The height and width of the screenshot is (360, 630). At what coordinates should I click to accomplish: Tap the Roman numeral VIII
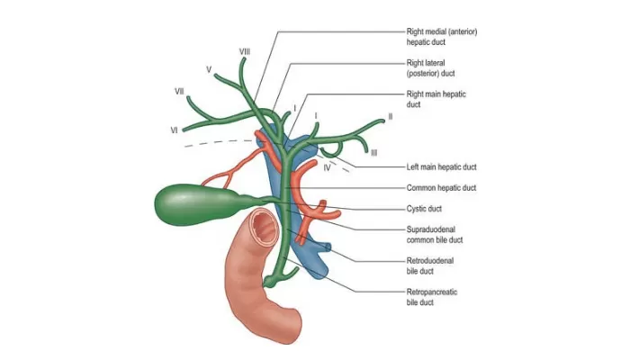tap(244, 52)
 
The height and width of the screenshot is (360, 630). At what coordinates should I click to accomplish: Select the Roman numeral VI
tap(173, 130)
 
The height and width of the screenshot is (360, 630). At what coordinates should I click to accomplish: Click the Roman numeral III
tap(373, 153)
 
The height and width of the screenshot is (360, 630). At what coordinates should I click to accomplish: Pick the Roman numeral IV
tap(328, 167)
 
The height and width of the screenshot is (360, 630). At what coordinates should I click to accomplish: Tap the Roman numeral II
tap(390, 116)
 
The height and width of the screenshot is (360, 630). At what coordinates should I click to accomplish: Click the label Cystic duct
tap(425, 209)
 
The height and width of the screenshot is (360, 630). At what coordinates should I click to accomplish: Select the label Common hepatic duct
tap(441, 188)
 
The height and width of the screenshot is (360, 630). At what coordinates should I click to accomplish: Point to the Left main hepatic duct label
tap(442, 167)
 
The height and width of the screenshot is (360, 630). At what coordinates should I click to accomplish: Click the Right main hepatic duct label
tap(436, 99)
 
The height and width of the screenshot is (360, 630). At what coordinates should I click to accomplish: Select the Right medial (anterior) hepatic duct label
tap(441, 37)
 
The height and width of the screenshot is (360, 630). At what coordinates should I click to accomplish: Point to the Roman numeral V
tap(208, 68)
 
